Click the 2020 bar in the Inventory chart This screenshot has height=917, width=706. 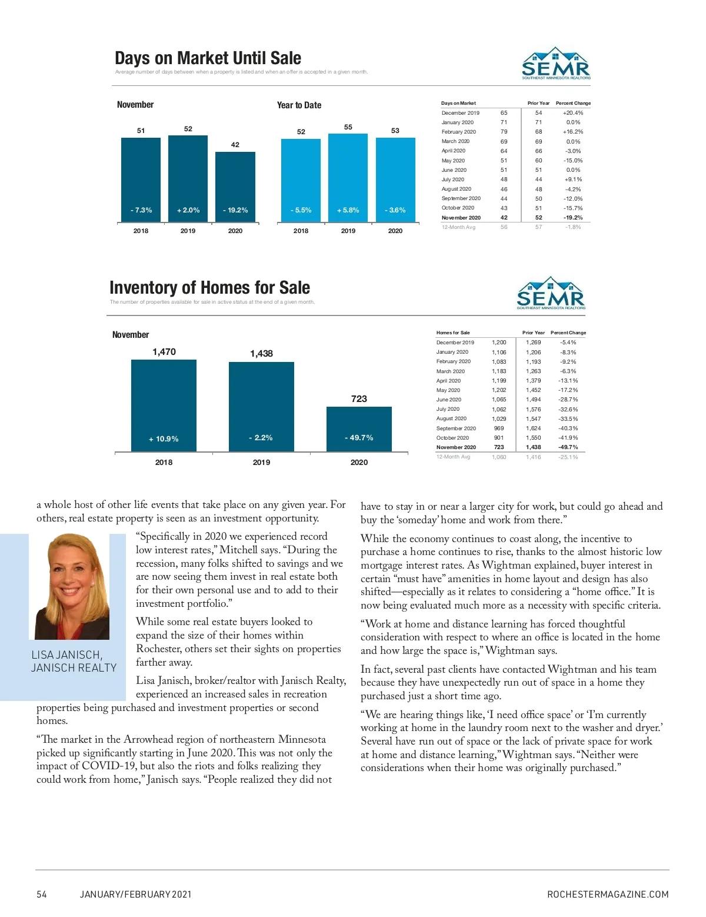pyautogui.click(x=359, y=428)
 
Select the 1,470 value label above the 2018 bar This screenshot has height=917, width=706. pyautogui.click(x=164, y=352)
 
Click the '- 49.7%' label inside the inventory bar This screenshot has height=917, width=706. pyautogui.click(x=359, y=438)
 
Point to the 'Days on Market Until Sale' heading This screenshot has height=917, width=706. pyautogui.click(x=208, y=58)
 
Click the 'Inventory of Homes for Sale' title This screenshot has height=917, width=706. pyautogui.click(x=209, y=288)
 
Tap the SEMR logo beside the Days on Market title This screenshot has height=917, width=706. pyautogui.click(x=556, y=64)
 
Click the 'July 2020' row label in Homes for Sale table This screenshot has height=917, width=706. pyautogui.click(x=448, y=409)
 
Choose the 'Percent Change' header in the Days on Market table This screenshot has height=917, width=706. pyautogui.click(x=573, y=103)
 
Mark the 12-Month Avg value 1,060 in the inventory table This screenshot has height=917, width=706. pyautogui.click(x=498, y=457)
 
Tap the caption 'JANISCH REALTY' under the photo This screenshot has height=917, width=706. pyautogui.click(x=74, y=667)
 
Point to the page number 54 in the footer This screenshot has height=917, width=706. pyautogui.click(x=41, y=894)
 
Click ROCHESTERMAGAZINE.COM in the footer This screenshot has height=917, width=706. pyautogui.click(x=608, y=894)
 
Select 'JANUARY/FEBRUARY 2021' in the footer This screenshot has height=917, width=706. pyautogui.click(x=135, y=894)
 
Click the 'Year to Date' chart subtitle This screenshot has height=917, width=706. pyautogui.click(x=299, y=105)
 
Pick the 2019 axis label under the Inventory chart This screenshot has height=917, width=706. pyautogui.click(x=261, y=463)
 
